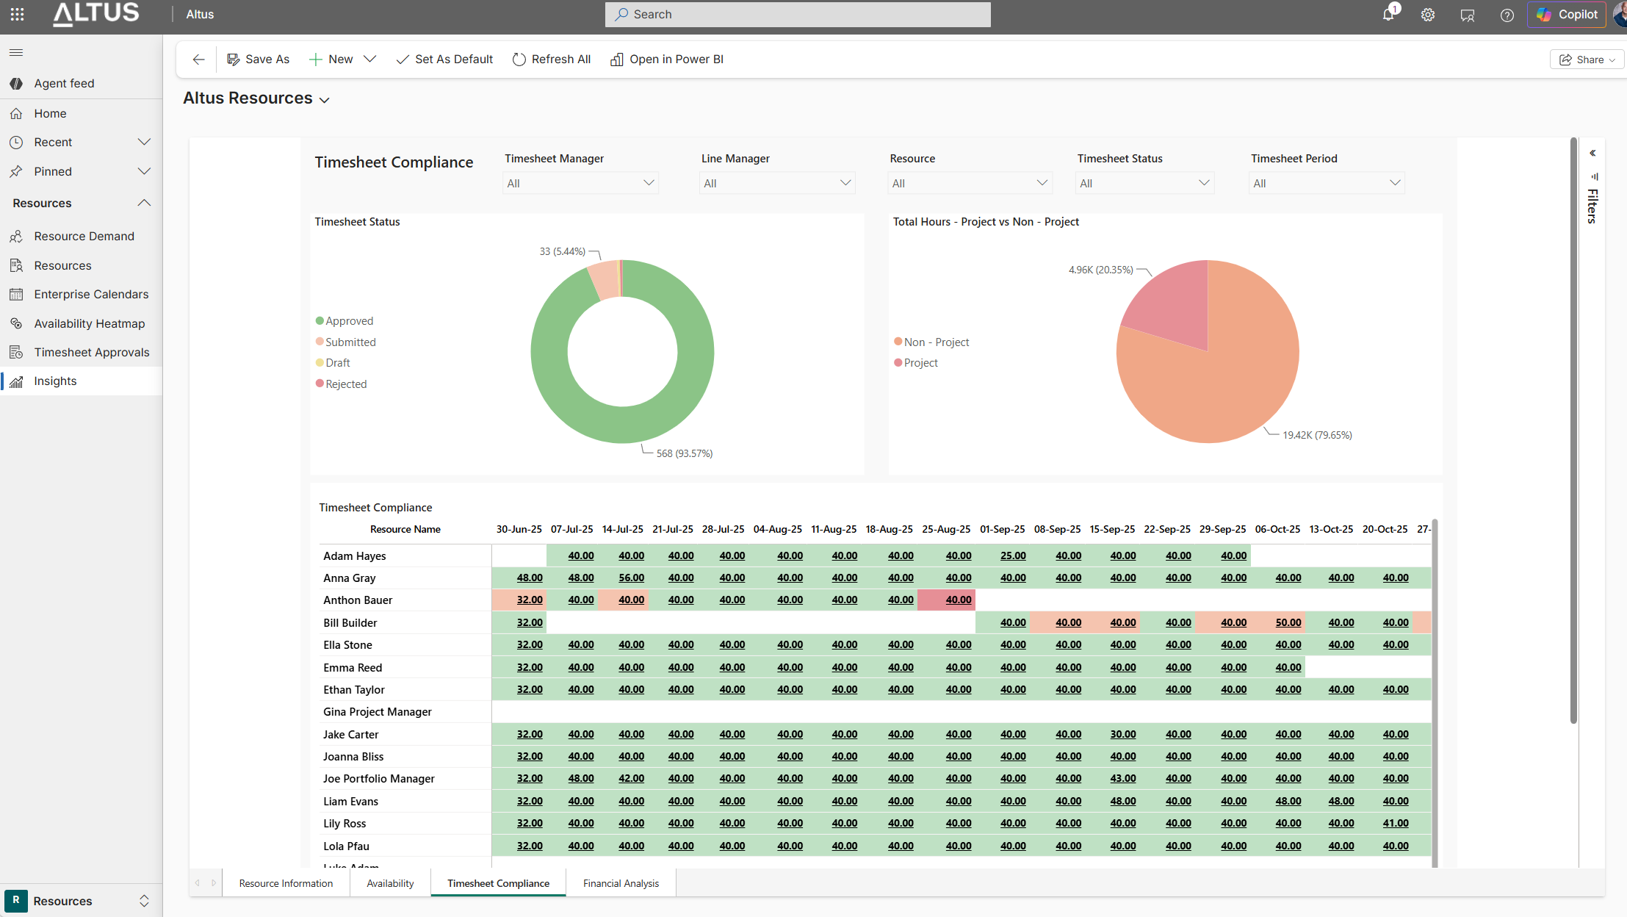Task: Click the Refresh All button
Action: (x=552, y=60)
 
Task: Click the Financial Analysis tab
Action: (x=621, y=883)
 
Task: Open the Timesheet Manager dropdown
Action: (x=580, y=183)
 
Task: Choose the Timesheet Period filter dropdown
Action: (x=1327, y=183)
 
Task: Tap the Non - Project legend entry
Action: (x=931, y=342)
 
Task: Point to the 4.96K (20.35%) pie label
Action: (x=1100, y=270)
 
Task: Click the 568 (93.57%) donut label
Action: (x=685, y=453)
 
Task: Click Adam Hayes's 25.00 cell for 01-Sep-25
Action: (x=1013, y=555)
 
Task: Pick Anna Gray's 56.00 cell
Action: (x=631, y=578)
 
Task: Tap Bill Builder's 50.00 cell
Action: (x=1288, y=622)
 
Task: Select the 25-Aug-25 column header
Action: (x=946, y=529)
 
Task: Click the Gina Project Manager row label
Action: (x=378, y=711)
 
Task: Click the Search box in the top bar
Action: (x=798, y=14)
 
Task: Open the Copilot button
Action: (x=1567, y=14)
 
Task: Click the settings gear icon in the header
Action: (x=1428, y=15)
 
